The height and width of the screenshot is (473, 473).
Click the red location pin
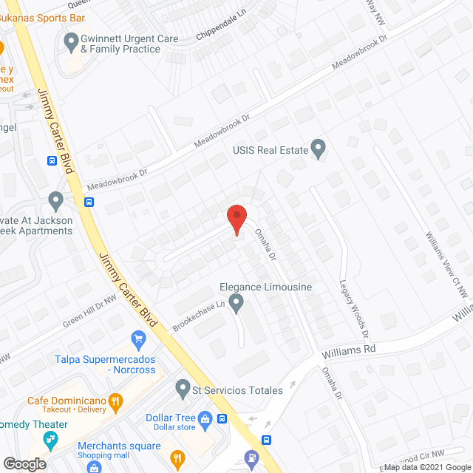[x=236, y=219]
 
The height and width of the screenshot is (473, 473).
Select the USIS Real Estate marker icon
[x=319, y=149]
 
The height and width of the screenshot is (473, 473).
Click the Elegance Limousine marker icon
[x=236, y=302]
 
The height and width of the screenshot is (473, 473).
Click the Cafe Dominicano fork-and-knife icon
[x=115, y=402]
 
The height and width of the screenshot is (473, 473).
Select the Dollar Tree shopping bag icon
[x=205, y=420]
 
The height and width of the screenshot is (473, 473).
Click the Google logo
[x=24, y=463]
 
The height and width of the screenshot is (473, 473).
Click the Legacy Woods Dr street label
[x=353, y=304]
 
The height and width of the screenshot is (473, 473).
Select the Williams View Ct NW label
[x=446, y=263]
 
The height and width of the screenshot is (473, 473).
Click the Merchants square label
[x=119, y=446]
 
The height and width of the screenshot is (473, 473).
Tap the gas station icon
[x=251, y=458]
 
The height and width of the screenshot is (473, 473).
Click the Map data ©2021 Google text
[x=427, y=466]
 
